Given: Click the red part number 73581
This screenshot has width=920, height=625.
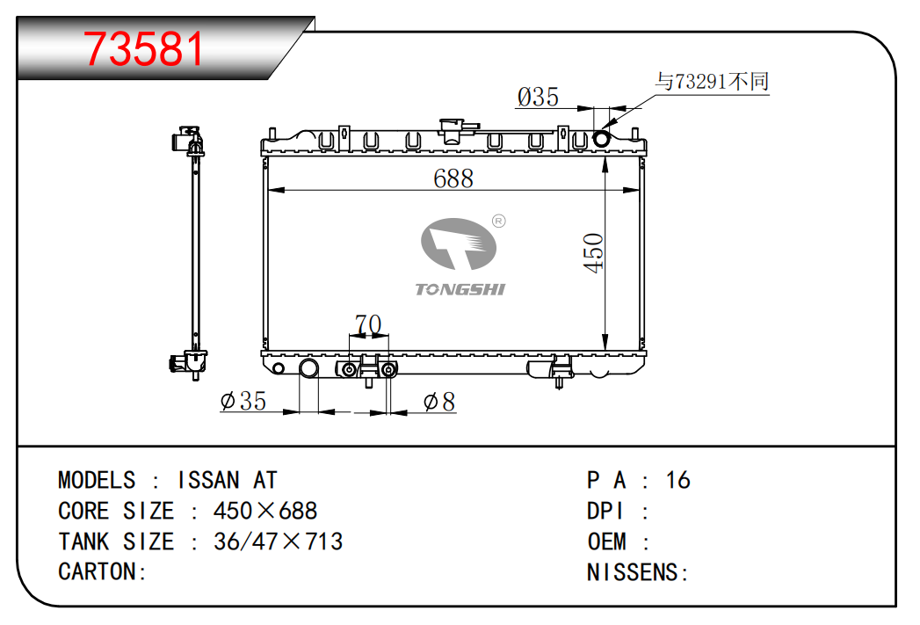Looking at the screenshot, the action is tap(144, 48).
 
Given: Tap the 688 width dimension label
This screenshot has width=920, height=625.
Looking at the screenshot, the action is tap(453, 178).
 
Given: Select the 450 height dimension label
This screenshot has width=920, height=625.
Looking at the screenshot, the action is tap(594, 252).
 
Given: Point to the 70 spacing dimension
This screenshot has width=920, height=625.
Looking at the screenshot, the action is tap(368, 323).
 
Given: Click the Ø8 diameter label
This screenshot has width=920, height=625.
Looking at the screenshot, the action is tap(438, 402).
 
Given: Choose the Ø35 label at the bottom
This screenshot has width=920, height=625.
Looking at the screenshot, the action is tap(243, 402).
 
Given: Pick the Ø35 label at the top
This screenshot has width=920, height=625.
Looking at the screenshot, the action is tap(538, 97).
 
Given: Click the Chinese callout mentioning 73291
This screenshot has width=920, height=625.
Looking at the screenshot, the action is tap(712, 81).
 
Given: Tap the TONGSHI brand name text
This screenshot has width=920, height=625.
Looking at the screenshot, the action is tap(460, 289).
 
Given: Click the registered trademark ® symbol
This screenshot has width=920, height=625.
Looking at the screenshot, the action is tap(499, 222).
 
